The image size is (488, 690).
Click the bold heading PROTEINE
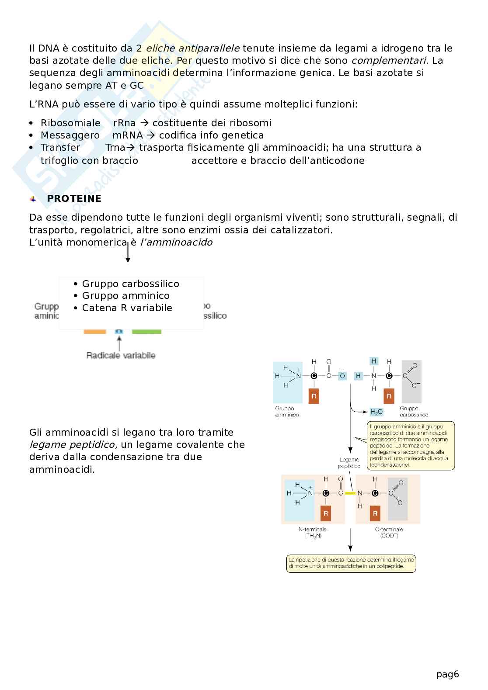point(74,198)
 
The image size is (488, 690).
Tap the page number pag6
point(447,674)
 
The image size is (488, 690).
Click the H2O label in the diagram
point(376,412)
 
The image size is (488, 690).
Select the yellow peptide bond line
point(350,493)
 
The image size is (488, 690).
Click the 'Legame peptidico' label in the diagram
point(349,463)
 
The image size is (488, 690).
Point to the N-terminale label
point(312,529)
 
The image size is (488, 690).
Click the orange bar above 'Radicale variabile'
point(95,332)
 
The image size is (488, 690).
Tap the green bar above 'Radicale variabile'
point(146,332)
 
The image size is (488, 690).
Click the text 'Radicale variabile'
point(121,355)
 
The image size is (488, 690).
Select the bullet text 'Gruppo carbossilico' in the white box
point(130,284)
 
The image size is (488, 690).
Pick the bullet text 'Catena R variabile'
point(127,308)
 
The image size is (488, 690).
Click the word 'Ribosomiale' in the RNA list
point(70,123)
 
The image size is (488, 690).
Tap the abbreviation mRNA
point(127,135)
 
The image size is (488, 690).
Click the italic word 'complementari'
point(383,60)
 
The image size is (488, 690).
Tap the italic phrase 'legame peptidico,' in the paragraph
point(73,444)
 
